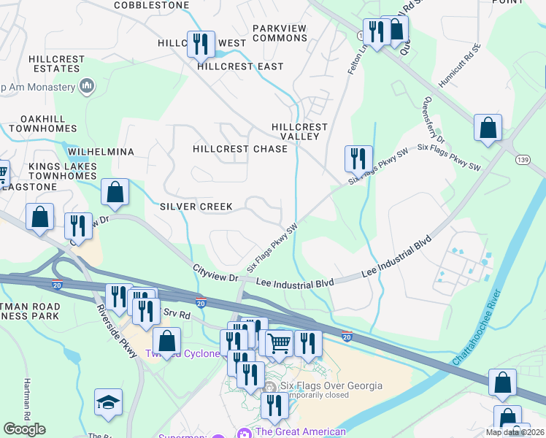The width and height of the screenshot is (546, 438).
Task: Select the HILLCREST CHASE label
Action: (240, 149)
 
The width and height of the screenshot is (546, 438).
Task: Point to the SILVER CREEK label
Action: (196, 207)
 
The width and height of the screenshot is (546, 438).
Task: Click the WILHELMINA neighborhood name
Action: (101, 152)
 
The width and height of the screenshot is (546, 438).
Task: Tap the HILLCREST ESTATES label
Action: (54, 64)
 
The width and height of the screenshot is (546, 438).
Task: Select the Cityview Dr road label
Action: (216, 274)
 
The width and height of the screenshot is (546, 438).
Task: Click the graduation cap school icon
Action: (108, 402)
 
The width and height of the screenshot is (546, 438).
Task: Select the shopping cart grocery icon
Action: (279, 342)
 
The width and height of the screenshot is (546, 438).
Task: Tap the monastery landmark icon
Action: (87, 87)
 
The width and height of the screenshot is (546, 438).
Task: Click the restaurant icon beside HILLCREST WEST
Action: (200, 43)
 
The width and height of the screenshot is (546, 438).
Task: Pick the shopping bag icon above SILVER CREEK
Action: (115, 192)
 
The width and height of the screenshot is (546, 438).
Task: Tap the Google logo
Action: (24, 429)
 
